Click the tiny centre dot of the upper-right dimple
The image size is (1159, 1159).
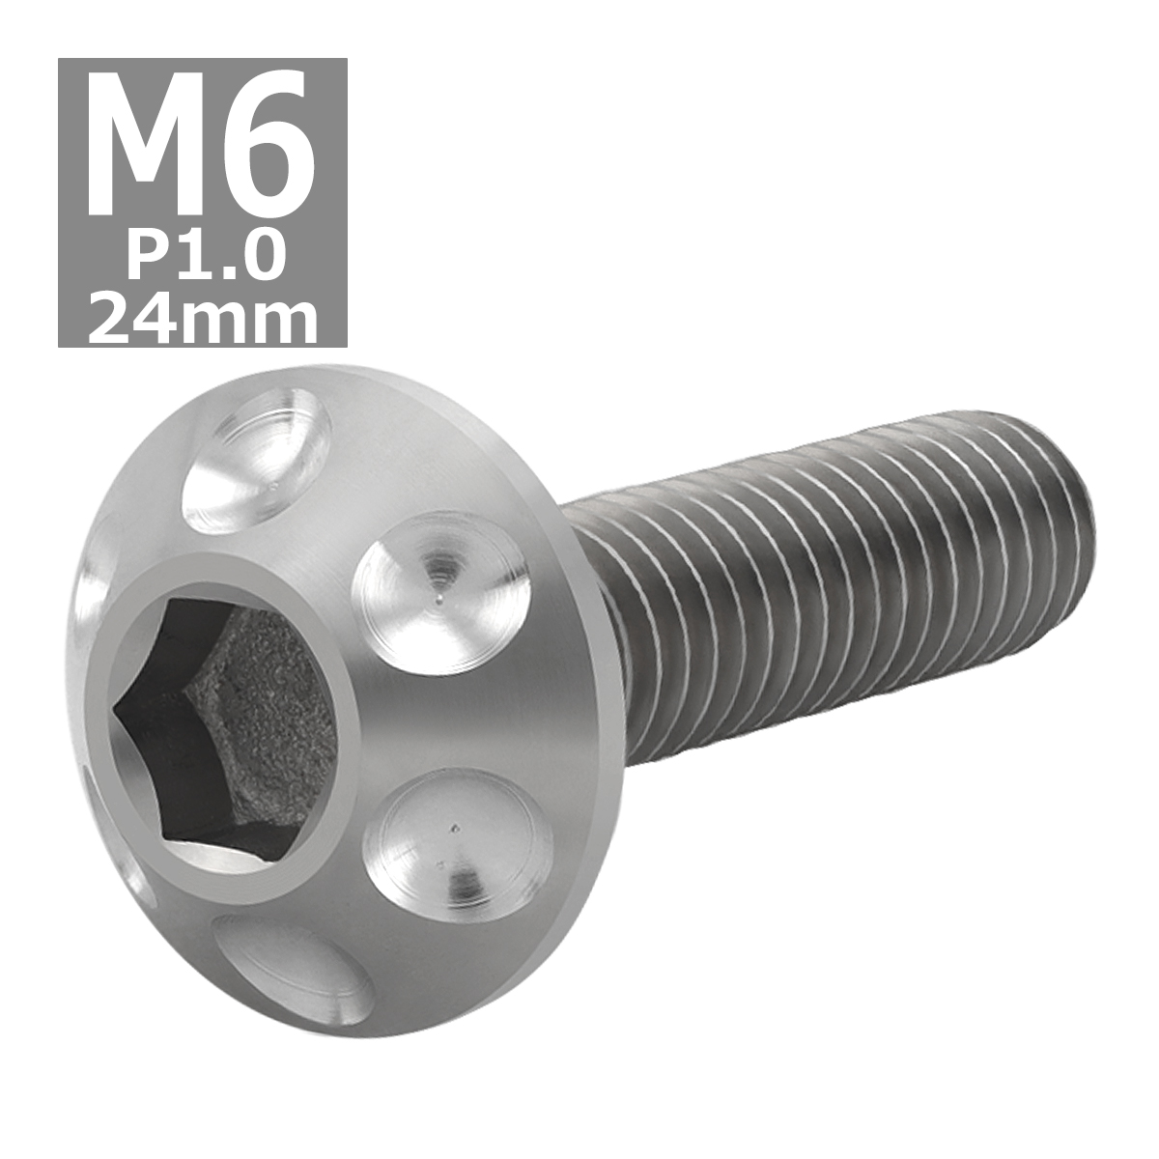click(x=440, y=600)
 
